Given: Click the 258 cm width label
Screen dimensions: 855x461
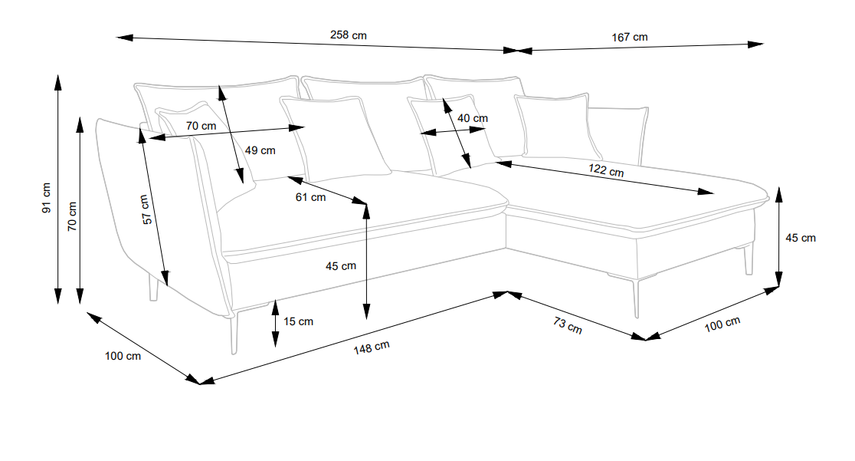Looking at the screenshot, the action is click(x=349, y=35).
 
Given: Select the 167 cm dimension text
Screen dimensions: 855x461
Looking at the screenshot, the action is click(x=630, y=37).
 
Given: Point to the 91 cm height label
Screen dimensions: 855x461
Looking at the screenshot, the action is click(x=46, y=198).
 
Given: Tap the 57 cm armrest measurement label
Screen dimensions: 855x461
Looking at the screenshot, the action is click(x=146, y=209).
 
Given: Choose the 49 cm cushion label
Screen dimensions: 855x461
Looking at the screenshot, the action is click(x=260, y=150).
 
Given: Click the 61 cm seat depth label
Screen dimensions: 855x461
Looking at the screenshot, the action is click(x=311, y=197).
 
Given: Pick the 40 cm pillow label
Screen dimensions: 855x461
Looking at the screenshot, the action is click(x=473, y=118).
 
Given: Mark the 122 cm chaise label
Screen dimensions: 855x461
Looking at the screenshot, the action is click(x=606, y=170).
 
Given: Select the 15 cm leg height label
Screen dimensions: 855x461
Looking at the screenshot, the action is click(x=298, y=321).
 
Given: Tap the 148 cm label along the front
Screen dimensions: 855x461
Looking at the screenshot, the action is click(x=372, y=347).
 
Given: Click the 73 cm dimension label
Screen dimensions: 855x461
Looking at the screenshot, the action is click(x=568, y=325).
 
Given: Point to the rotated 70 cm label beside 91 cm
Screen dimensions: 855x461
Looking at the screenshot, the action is click(x=72, y=216).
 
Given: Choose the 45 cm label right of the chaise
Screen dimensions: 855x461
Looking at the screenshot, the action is click(x=801, y=238).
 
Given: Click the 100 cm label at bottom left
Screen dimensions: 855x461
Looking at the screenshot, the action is click(x=123, y=356).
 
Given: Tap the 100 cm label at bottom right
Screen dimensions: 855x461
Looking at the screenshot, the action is click(x=722, y=324).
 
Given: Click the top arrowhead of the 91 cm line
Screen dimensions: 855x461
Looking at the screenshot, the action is click(x=57, y=82).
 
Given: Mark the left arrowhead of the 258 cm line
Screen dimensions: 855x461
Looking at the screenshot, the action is click(x=124, y=38).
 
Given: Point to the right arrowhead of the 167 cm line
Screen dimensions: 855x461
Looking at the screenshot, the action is click(x=755, y=44).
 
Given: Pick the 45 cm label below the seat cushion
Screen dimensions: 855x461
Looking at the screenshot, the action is click(x=341, y=266).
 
